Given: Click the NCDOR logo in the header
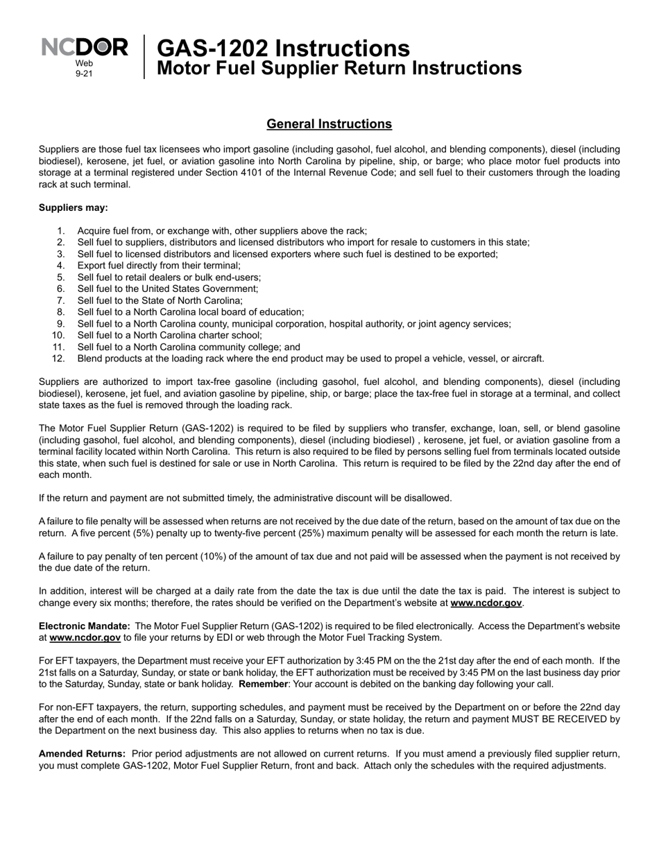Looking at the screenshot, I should tap(85, 48).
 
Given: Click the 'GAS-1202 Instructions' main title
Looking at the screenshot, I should tap(283, 49).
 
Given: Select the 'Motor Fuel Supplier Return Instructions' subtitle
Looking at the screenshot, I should tap(339, 69).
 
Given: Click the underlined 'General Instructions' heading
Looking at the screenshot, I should tap(329, 124).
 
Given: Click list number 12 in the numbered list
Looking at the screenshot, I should tap(58, 359).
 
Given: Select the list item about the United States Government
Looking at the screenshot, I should tap(168, 288).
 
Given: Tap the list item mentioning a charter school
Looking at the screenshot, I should tap(170, 335).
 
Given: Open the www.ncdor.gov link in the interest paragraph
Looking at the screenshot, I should tap(486, 603).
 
